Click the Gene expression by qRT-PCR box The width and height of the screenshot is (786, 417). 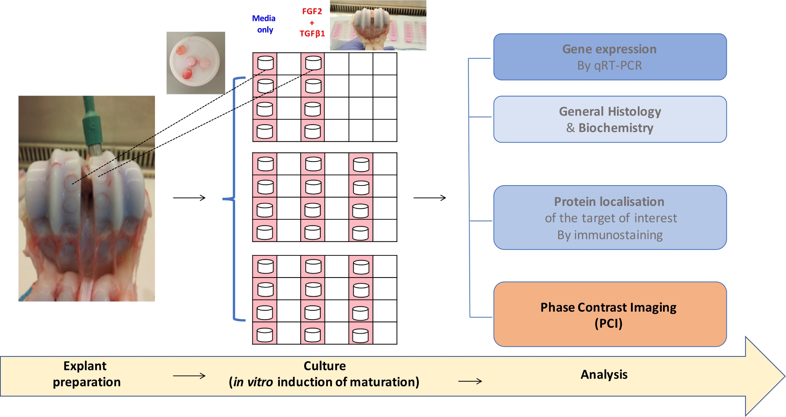pyautogui.click(x=610, y=57)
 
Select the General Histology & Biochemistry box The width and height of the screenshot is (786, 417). pyautogui.click(x=610, y=119)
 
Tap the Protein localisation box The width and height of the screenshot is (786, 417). pyautogui.click(x=610, y=217)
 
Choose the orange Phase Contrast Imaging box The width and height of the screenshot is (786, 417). pyautogui.click(x=610, y=314)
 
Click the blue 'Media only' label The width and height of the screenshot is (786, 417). pyautogui.click(x=264, y=24)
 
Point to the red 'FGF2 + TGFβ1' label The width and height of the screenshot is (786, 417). pyautogui.click(x=312, y=22)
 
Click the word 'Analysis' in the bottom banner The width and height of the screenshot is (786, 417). pyautogui.click(x=604, y=375)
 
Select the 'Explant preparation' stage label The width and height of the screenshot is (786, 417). pyautogui.click(x=86, y=374)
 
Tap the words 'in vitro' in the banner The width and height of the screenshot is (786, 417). pyautogui.click(x=253, y=382)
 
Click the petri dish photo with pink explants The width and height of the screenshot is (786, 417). pyautogui.click(x=196, y=63)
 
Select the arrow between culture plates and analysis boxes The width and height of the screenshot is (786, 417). pyautogui.click(x=430, y=198)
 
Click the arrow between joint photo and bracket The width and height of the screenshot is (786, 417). pyautogui.click(x=189, y=198)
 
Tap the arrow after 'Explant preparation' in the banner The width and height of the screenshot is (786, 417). pyautogui.click(x=189, y=376)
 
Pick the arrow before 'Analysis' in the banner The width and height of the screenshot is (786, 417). pyautogui.click(x=470, y=381)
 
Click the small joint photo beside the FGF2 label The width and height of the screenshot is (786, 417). pyautogui.click(x=378, y=25)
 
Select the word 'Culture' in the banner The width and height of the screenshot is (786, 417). pyautogui.click(x=325, y=366)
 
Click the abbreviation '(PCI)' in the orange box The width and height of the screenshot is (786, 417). pyautogui.click(x=608, y=323)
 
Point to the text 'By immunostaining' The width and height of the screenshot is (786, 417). pyautogui.click(x=610, y=235)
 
